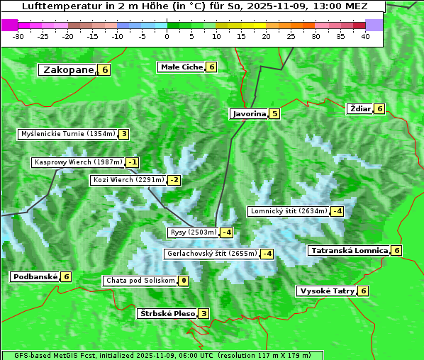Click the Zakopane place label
[68, 69]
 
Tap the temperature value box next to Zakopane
[105, 69]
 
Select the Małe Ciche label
[182, 67]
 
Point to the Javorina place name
[249, 113]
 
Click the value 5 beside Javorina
[274, 113]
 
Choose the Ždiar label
[360, 108]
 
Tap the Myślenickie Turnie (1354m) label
[68, 133]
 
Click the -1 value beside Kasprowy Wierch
[132, 162]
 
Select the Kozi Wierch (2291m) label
[128, 180]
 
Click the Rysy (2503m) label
[193, 232]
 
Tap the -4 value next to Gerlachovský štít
[267, 254]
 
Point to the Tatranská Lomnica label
[350, 250]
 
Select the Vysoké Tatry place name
[327, 291]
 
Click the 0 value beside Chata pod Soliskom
[183, 281]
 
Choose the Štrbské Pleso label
[167, 313]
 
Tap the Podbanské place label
[34, 276]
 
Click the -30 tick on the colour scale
[18, 35]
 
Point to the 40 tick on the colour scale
[365, 35]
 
